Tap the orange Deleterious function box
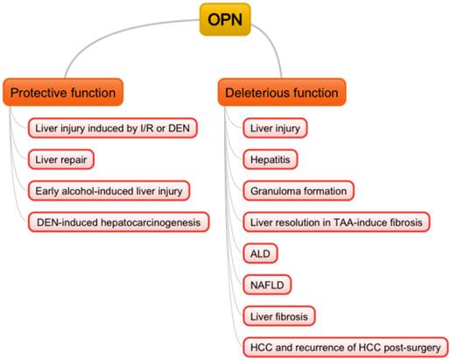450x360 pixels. [x=282, y=91]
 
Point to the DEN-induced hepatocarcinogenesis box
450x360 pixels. [x=119, y=222]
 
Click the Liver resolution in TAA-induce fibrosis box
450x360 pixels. [x=337, y=222]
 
